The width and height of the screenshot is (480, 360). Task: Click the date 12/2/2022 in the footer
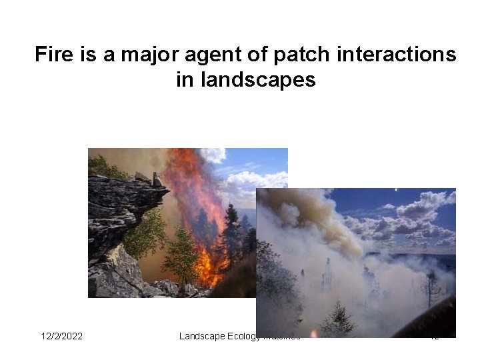tap(62, 336)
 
